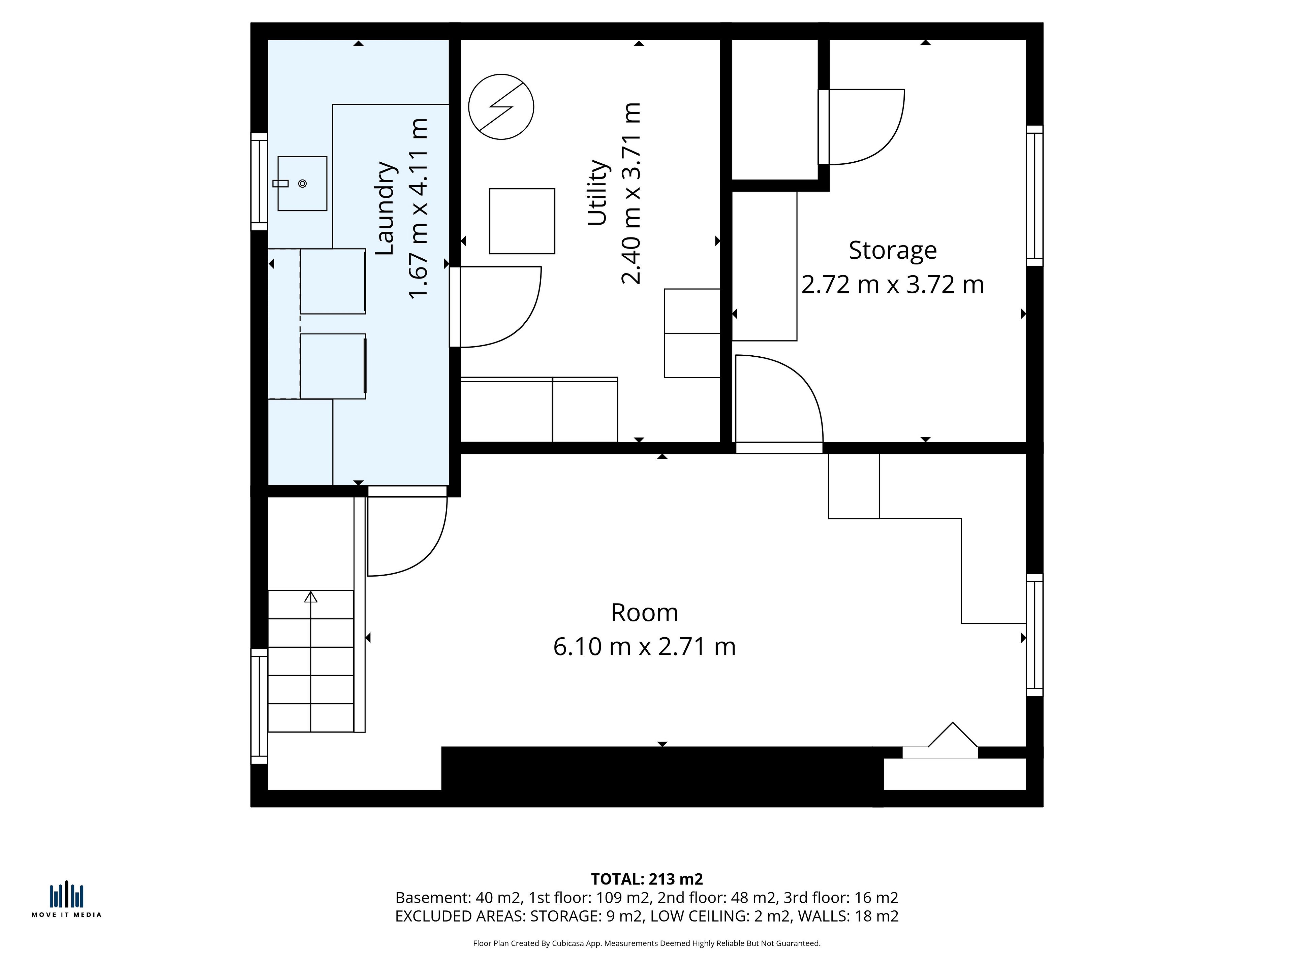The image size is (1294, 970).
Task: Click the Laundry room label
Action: click(x=386, y=208)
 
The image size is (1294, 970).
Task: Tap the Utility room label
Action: click(x=598, y=192)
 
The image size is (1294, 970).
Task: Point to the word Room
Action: click(x=645, y=613)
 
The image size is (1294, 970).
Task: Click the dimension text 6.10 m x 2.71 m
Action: click(x=645, y=647)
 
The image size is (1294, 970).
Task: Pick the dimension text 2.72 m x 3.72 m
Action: click(x=893, y=285)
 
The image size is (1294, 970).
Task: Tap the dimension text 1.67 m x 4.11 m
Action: click(x=419, y=208)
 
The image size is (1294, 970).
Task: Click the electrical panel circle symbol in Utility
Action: click(x=501, y=107)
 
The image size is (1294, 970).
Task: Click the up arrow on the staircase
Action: click(x=311, y=596)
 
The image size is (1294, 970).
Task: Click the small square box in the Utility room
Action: click(x=522, y=221)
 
